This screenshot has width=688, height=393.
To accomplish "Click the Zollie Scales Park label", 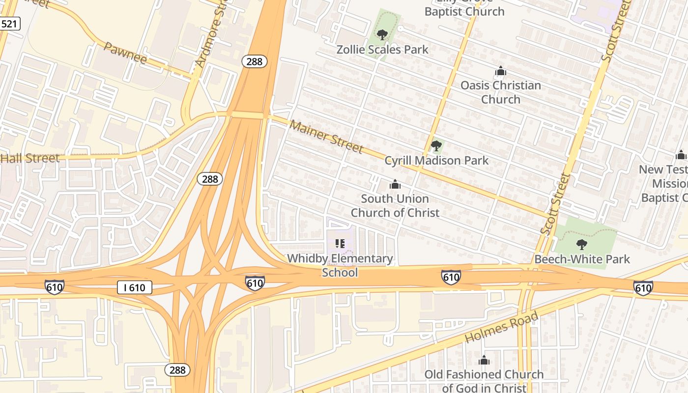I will click(382, 50).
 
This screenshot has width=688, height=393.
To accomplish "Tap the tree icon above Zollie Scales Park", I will click(382, 35).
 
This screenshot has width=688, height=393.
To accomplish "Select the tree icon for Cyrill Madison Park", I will click(436, 146).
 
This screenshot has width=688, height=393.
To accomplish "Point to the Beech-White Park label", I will click(582, 259).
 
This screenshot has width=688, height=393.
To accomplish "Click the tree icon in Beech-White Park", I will click(581, 244).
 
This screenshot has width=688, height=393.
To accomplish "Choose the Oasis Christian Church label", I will click(500, 92).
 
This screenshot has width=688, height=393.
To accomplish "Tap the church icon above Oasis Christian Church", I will click(501, 72).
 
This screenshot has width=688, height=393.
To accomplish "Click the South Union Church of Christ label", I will click(395, 205).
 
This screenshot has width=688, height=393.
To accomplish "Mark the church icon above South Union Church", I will click(395, 185).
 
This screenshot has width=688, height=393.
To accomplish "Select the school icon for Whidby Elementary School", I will click(340, 243).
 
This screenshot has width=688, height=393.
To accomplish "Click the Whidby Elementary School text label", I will click(340, 265).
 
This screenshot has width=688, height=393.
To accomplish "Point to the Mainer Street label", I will click(326, 136).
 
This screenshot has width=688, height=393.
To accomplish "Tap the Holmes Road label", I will click(501, 327).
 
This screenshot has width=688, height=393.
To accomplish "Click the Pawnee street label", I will click(125, 53).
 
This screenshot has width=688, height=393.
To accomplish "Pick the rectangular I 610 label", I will click(134, 287).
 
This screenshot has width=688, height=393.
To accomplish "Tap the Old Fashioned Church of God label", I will click(484, 381).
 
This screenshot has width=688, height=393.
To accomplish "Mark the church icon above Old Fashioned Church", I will click(484, 361).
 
